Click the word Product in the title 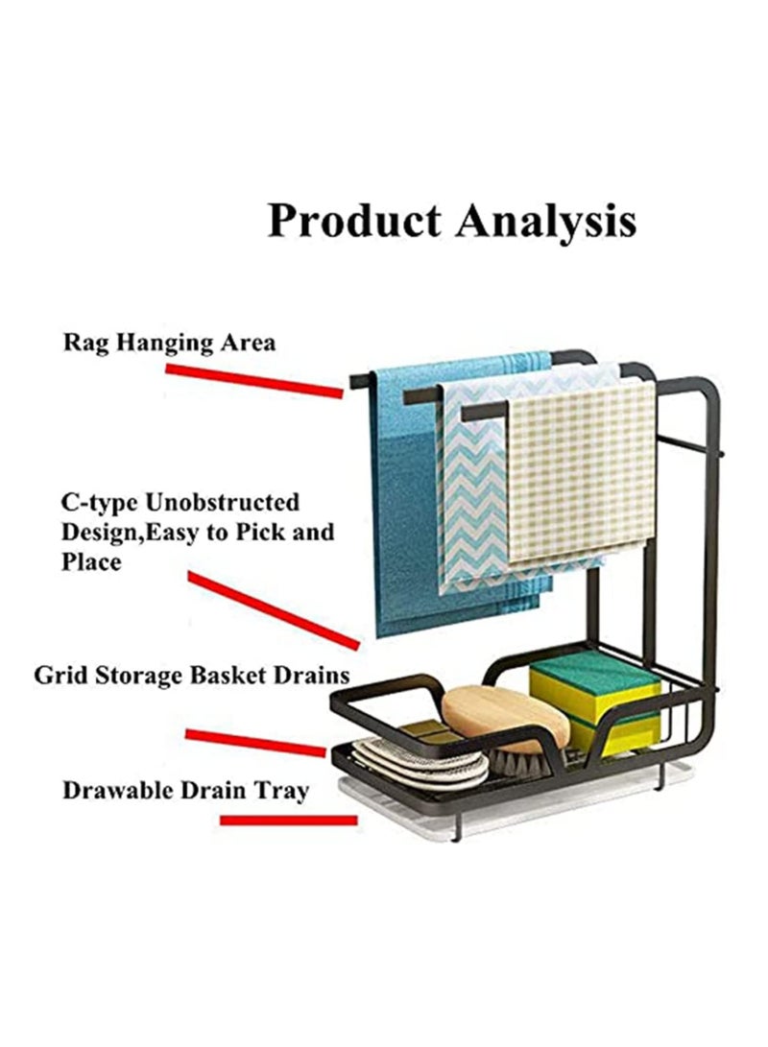tap(354, 221)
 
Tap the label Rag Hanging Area tap(169, 344)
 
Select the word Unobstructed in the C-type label tap(222, 502)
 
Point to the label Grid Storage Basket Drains tap(192, 675)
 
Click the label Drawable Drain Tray tap(185, 791)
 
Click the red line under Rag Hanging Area tap(253, 380)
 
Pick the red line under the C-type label tap(274, 609)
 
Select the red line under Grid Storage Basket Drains tap(255, 743)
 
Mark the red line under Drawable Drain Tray tap(289, 820)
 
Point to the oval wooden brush tap(505, 718)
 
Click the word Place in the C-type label tap(91, 561)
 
